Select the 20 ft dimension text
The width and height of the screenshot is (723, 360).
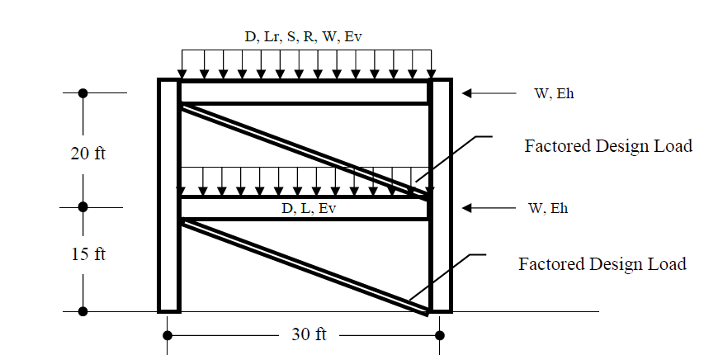pyautogui.click(x=87, y=154)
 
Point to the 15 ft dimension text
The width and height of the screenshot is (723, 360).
pyautogui.click(x=87, y=253)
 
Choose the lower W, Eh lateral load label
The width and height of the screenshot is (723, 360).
pyautogui.click(x=548, y=208)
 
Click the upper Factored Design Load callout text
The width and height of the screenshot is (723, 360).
pyautogui.click(x=608, y=146)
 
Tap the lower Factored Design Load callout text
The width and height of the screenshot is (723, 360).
pyautogui.click(x=602, y=264)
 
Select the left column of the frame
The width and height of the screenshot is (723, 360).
pyautogui.click(x=168, y=195)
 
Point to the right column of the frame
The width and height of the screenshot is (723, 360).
pyautogui.click(x=440, y=195)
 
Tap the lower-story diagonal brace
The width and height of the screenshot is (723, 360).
pyautogui.click(x=305, y=266)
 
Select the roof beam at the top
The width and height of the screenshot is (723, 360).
pyautogui.click(x=305, y=92)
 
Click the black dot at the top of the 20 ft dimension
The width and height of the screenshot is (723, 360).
pyautogui.click(x=83, y=93)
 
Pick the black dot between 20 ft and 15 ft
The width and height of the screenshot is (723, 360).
pyautogui.click(x=83, y=207)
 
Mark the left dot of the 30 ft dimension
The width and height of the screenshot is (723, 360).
pyautogui.click(x=168, y=335)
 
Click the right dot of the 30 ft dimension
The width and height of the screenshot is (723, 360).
pyautogui.click(x=440, y=335)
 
